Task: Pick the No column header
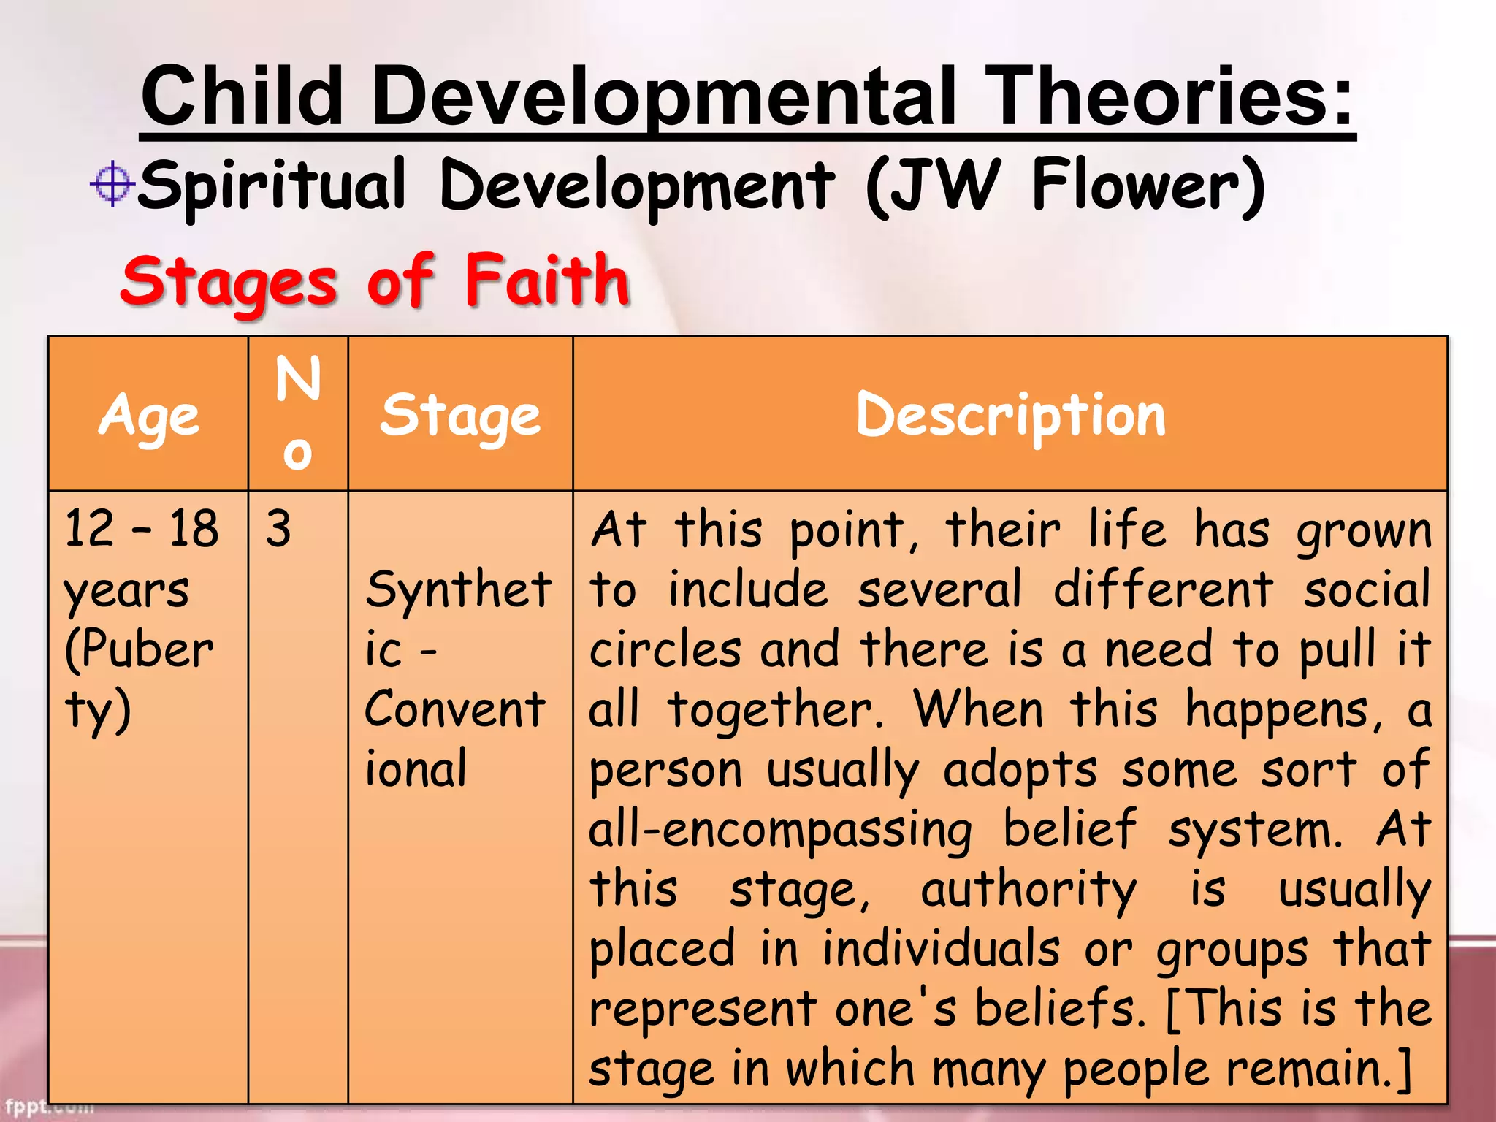coord(298,413)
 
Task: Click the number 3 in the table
coord(278,529)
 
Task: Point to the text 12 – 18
coord(141,529)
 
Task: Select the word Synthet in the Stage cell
coord(458,589)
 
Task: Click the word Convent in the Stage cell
coord(454,709)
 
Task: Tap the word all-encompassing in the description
coord(780,831)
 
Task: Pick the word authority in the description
coord(1028,890)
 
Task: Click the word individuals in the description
coord(941,950)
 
